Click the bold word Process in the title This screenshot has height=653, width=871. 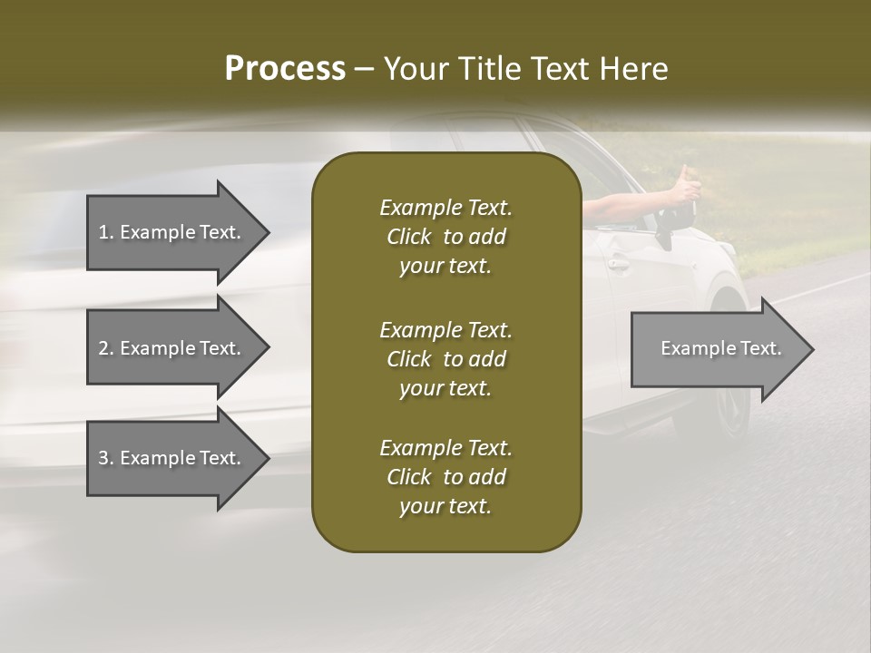pyautogui.click(x=285, y=69)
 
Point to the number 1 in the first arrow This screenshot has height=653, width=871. pyautogui.click(x=103, y=232)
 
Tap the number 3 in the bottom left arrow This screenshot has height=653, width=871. pyautogui.click(x=103, y=458)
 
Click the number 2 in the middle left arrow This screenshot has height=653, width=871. pyautogui.click(x=103, y=348)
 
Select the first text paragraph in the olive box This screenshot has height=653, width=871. pyautogui.click(x=445, y=237)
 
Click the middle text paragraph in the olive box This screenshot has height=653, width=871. pyautogui.click(x=445, y=359)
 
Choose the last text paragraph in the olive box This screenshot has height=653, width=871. pyautogui.click(x=445, y=477)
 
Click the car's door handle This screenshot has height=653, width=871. pyautogui.click(x=618, y=266)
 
